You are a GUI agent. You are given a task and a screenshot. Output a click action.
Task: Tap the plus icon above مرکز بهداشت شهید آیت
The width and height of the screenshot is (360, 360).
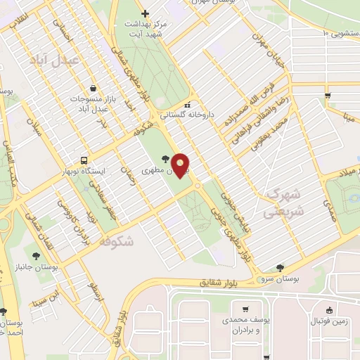point(145,13)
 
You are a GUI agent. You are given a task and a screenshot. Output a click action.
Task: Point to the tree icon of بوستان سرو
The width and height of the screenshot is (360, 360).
point(281,267)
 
